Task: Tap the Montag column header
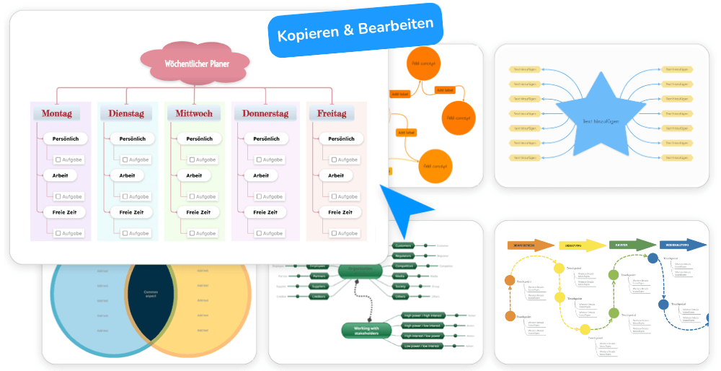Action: coord(56,113)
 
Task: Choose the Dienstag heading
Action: coord(126,113)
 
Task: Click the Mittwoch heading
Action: coord(194,113)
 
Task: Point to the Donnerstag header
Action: coord(265,113)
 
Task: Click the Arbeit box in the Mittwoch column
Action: coord(194,175)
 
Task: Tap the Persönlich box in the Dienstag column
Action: coord(132,139)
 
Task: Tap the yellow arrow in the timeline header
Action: coord(581,245)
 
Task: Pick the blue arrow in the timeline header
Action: coord(682,245)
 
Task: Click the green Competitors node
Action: coord(403,266)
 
